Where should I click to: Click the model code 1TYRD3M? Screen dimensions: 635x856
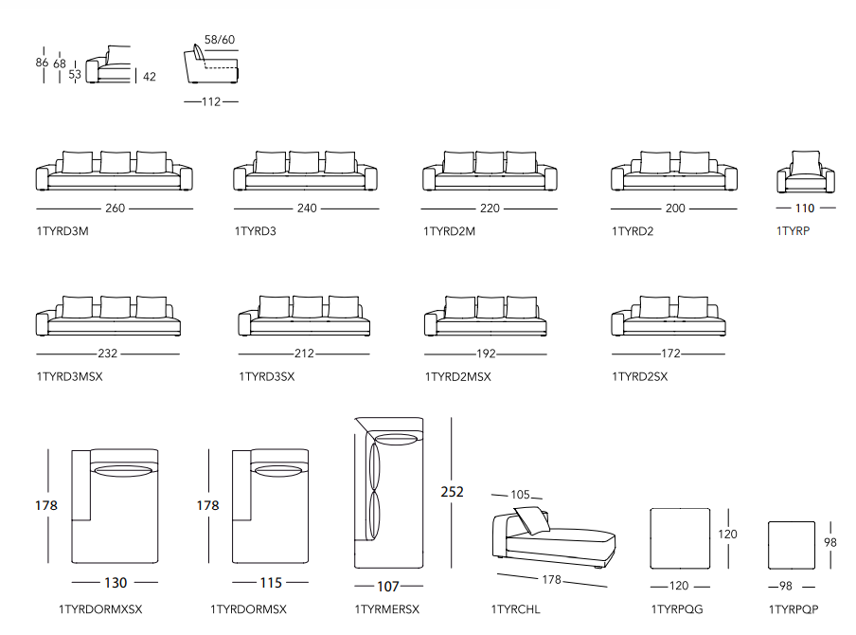62,231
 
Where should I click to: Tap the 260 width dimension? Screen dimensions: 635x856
115,209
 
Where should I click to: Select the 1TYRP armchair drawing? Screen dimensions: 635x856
806,172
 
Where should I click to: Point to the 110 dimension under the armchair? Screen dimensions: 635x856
805,209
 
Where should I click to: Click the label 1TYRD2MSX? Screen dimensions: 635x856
457,376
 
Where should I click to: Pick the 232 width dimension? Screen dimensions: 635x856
107,354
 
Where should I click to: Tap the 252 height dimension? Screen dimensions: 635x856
453,492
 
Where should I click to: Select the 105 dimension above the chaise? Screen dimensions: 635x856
521,495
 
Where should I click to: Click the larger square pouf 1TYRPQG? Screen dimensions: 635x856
680,538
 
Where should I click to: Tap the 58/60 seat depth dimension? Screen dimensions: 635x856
220,40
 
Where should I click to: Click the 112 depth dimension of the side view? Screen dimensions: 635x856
211,101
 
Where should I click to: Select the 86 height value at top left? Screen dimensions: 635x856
42,63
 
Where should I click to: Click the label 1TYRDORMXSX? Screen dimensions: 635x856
100,609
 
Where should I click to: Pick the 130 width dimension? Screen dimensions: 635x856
116,583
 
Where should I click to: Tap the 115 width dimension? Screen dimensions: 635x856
270,583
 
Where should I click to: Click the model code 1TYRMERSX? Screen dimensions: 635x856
387,609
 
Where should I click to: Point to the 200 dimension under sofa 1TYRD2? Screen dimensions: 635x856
675,209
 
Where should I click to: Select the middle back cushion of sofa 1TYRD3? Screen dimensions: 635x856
304,162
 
